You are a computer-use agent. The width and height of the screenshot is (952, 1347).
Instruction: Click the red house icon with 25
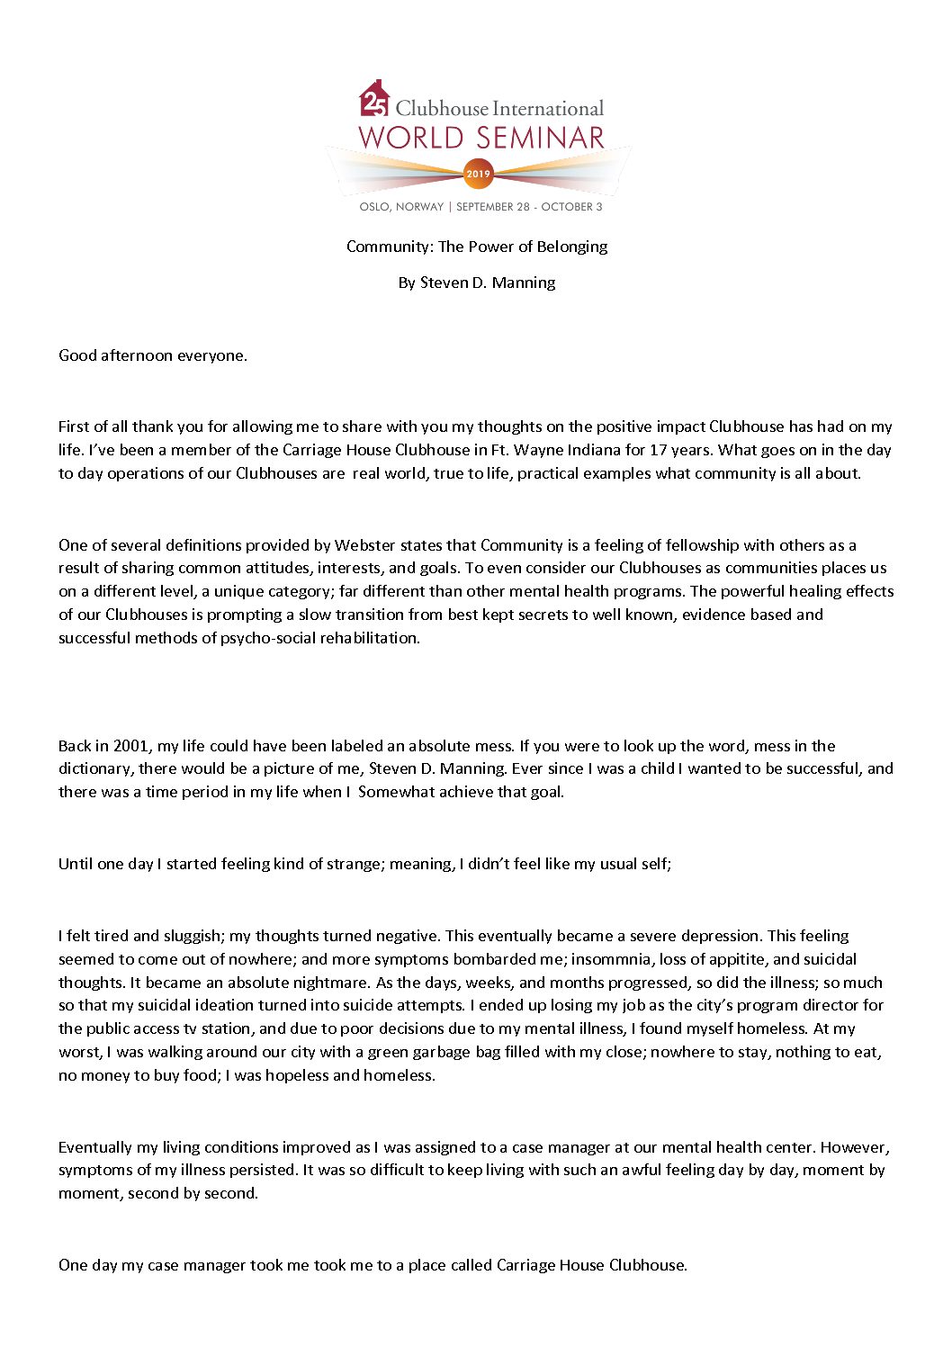374,100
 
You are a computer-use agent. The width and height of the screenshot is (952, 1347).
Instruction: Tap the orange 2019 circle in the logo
478,174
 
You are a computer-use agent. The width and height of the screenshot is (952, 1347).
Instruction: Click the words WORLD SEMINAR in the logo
481,138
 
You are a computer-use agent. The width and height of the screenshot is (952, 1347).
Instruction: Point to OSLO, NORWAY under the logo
401,207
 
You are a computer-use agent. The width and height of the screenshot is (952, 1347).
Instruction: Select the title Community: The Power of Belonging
477,247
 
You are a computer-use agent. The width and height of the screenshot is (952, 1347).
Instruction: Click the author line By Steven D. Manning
477,283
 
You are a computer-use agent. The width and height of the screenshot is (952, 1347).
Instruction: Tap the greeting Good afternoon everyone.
153,355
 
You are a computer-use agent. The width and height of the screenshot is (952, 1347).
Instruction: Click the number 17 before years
658,450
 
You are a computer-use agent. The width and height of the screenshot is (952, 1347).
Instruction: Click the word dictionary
94,769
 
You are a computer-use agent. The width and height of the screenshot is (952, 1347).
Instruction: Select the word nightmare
331,983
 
